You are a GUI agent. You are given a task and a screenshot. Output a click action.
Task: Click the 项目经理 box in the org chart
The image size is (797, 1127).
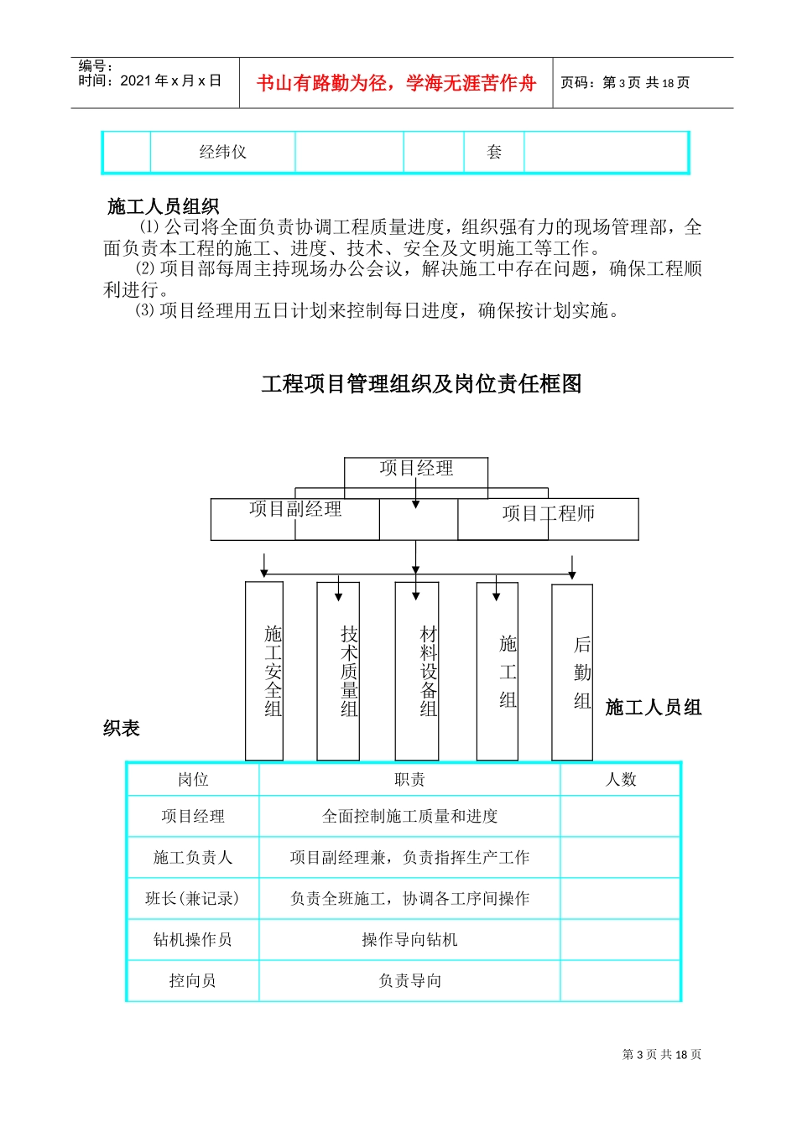pyautogui.click(x=416, y=470)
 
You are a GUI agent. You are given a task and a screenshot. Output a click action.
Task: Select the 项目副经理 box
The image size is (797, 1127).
pyautogui.click(x=295, y=518)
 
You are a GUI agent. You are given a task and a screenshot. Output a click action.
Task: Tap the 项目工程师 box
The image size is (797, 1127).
pyautogui.click(x=548, y=518)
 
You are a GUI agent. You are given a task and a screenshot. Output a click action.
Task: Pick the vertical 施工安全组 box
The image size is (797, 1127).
pyautogui.click(x=264, y=671)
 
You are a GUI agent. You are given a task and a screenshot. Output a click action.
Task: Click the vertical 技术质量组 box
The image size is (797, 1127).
pyautogui.click(x=339, y=671)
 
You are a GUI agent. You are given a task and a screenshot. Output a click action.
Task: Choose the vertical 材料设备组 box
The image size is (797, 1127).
pyautogui.click(x=417, y=671)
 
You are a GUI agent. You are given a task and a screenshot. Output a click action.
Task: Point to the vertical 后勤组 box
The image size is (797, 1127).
pyautogui.click(x=572, y=673)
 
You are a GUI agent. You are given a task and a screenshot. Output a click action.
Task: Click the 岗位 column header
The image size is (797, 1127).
pyautogui.click(x=193, y=780)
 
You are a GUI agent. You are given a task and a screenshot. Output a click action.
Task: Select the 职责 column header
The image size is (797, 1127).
pyautogui.click(x=409, y=780)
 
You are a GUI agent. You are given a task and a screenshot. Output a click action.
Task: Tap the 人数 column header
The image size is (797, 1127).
pyautogui.click(x=621, y=780)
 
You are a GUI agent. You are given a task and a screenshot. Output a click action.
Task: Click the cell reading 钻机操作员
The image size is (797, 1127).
pyautogui.click(x=193, y=940)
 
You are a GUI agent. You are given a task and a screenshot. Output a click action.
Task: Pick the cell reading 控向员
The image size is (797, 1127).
pyautogui.click(x=193, y=981)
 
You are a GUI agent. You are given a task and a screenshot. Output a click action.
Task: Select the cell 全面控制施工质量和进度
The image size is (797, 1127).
pyautogui.click(x=409, y=817)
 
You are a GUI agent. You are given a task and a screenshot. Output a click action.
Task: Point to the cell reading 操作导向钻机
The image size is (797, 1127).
pyautogui.click(x=409, y=940)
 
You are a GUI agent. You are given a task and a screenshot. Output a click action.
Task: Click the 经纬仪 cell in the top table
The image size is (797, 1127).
pyautogui.click(x=223, y=153)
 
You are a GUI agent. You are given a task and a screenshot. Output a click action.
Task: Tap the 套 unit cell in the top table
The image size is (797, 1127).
pyautogui.click(x=494, y=153)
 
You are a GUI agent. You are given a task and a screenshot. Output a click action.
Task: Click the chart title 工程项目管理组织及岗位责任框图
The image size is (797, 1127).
pyautogui.click(x=421, y=384)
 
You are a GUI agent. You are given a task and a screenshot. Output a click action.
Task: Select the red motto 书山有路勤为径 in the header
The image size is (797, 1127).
pyautogui.click(x=396, y=83)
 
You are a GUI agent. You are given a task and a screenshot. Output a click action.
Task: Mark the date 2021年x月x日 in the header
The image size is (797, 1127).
pyautogui.click(x=170, y=81)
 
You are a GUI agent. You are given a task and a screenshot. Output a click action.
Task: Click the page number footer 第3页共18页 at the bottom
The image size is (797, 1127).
pyautogui.click(x=662, y=1055)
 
